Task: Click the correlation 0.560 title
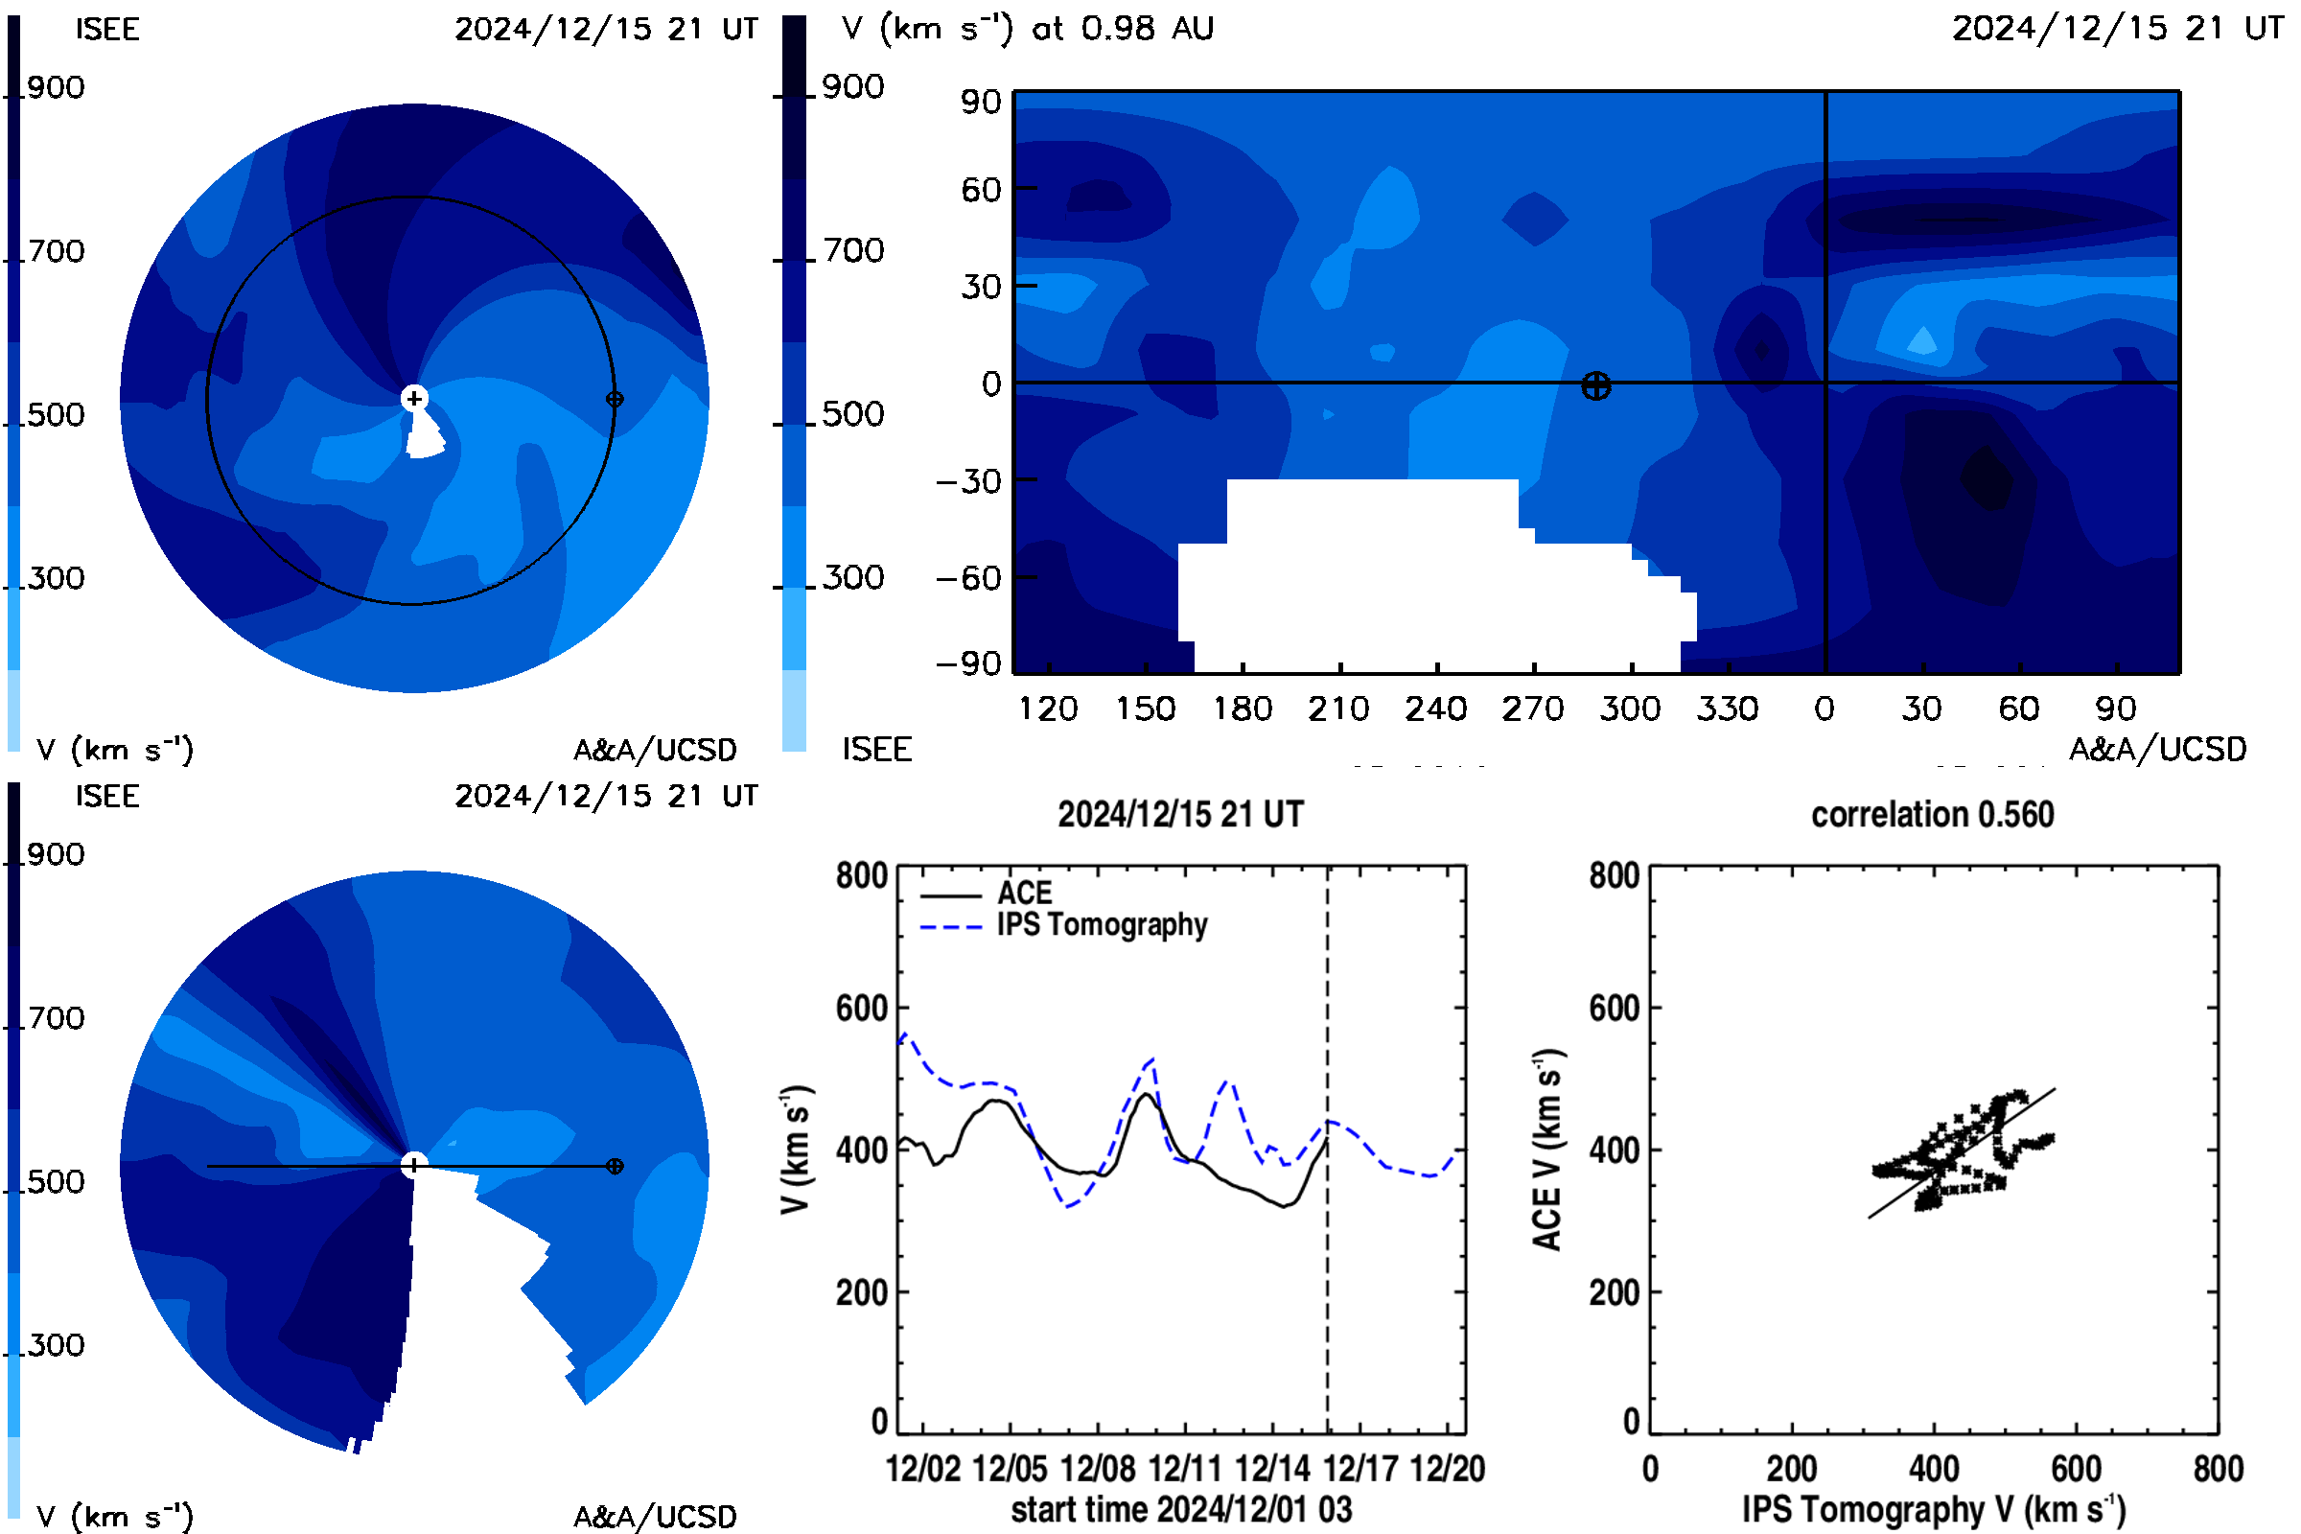click(1932, 815)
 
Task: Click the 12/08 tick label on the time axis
click(1098, 1470)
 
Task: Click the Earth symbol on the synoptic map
click(1595, 386)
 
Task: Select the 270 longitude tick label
click(1533, 709)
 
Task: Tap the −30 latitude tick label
click(968, 481)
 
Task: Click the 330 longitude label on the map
click(1728, 709)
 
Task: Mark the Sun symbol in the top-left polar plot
click(414, 398)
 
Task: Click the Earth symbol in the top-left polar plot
click(615, 399)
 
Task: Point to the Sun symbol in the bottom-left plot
click(414, 1165)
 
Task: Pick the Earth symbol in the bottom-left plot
click(615, 1166)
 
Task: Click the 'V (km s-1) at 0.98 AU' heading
click(1028, 29)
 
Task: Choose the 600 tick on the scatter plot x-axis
click(2076, 1470)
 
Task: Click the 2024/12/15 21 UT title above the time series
click(1181, 815)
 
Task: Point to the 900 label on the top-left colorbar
click(56, 88)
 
